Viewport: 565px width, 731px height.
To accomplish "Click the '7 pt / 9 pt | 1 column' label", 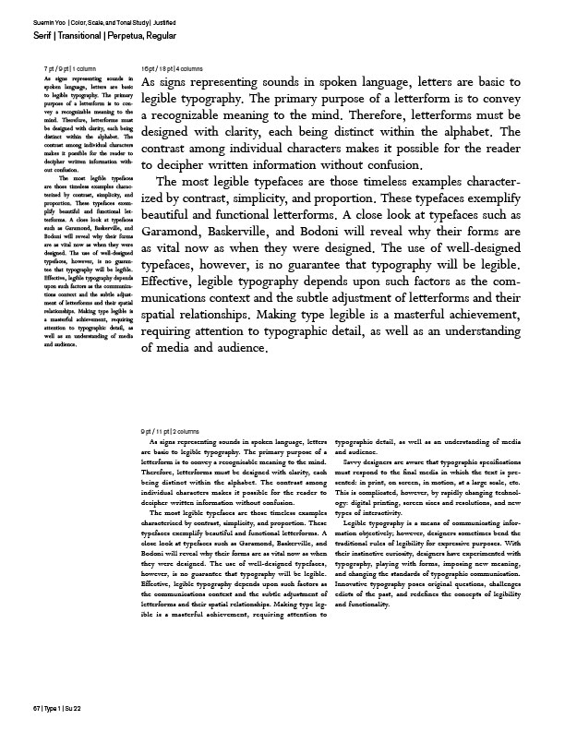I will point(70,69).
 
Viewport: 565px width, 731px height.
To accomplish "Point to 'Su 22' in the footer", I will point(71,706).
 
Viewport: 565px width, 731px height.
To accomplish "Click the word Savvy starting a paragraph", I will point(355,461).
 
